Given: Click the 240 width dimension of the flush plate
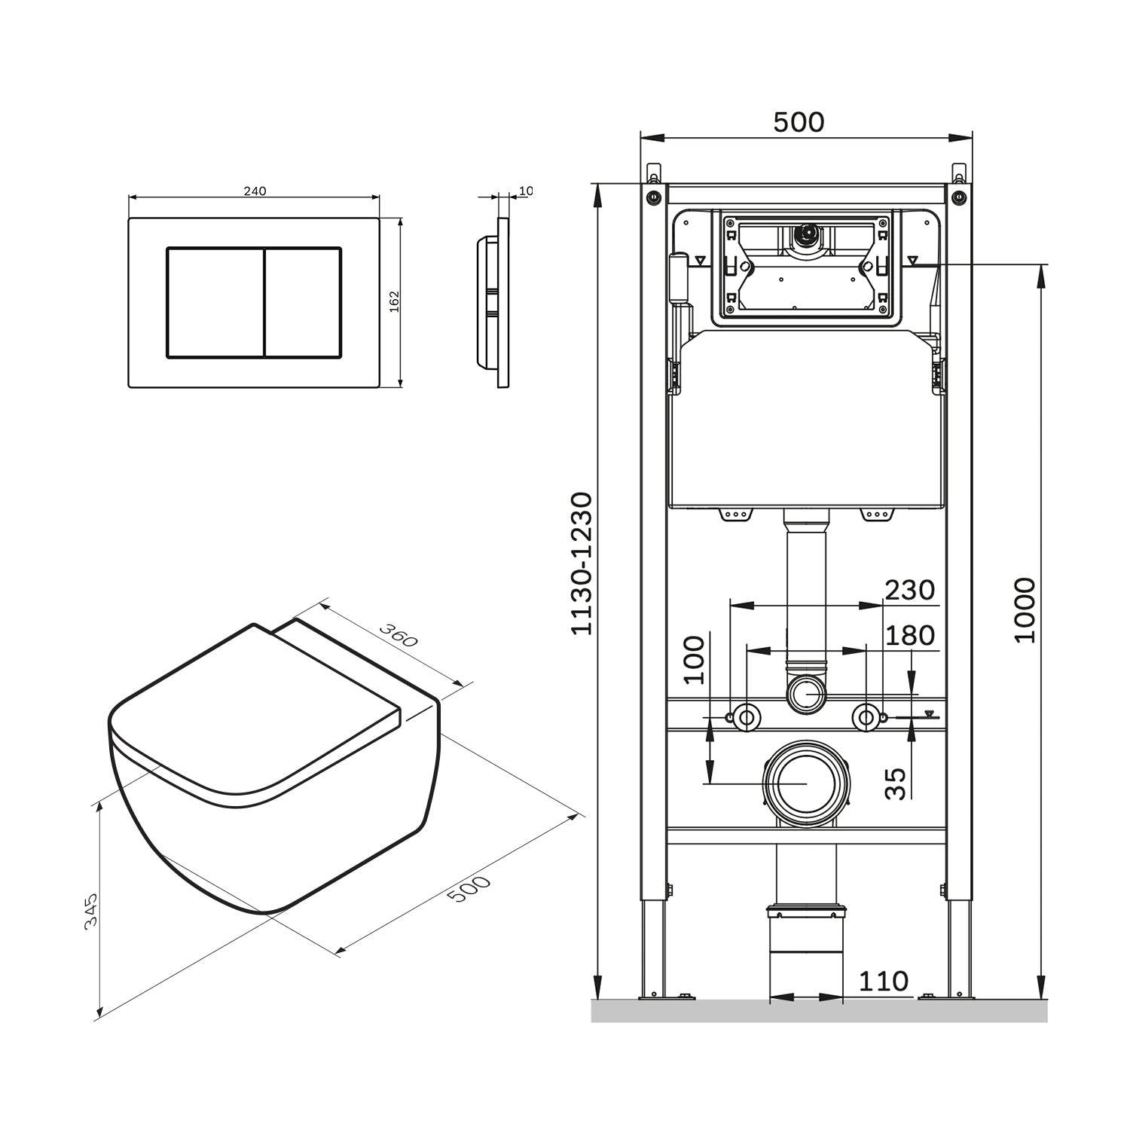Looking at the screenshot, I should (x=255, y=191).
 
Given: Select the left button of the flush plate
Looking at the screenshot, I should (x=215, y=301).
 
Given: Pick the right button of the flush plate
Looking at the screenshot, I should (x=303, y=301).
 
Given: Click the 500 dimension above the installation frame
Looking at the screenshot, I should (x=799, y=122).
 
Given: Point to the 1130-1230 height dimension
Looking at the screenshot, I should (x=582, y=563).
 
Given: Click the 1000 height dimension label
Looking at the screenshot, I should (x=1025, y=610).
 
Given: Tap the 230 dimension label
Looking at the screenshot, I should (x=910, y=591).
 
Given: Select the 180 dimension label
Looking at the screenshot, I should (x=910, y=636).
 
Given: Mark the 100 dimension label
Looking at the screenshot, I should (x=694, y=660).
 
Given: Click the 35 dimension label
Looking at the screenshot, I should (x=896, y=783).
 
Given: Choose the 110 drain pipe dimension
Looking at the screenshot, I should (x=884, y=981).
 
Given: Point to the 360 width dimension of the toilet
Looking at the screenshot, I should (x=398, y=635).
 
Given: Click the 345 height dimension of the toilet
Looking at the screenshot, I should (x=91, y=912).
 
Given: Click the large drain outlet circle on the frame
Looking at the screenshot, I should (x=806, y=783).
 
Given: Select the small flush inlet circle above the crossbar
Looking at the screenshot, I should (x=806, y=693).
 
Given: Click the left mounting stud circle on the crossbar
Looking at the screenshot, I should (x=746, y=717).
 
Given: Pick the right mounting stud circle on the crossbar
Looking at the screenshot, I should (x=866, y=717).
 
